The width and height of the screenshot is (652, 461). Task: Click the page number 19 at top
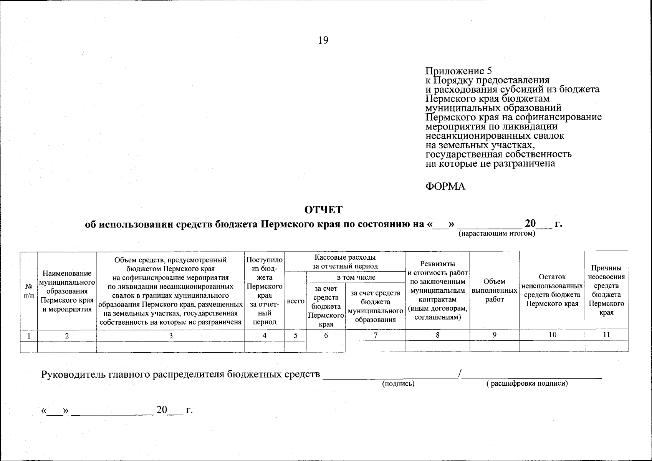click(x=323, y=41)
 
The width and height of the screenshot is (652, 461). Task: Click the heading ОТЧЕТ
click(x=323, y=210)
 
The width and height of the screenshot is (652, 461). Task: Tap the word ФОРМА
click(x=445, y=187)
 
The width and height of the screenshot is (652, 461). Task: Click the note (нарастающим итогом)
click(x=497, y=234)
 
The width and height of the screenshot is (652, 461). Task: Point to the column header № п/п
click(x=29, y=291)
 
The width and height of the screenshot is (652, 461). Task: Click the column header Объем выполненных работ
click(x=494, y=290)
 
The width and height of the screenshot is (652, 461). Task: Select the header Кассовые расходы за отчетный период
click(x=345, y=262)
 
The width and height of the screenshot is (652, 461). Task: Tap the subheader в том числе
click(x=356, y=277)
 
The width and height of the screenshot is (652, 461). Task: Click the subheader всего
click(x=296, y=302)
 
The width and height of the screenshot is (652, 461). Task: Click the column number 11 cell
click(x=606, y=335)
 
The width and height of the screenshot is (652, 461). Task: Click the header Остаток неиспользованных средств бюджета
click(x=552, y=290)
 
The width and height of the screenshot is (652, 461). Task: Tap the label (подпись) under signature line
click(x=398, y=384)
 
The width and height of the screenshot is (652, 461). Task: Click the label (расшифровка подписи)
click(x=527, y=383)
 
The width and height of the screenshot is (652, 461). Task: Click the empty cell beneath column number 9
click(x=494, y=347)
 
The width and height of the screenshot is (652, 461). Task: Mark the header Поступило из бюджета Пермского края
click(x=265, y=290)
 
